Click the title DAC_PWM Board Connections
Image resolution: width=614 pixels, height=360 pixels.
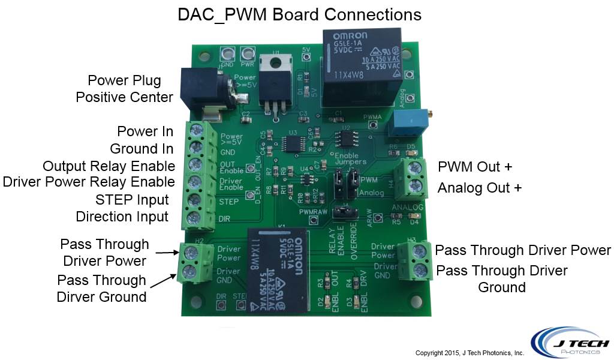tap(300, 14)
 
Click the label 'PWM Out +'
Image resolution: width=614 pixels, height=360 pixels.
tap(477, 166)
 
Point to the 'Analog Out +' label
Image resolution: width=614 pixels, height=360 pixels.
tap(480, 187)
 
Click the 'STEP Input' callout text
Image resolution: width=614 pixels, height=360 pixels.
tap(132, 199)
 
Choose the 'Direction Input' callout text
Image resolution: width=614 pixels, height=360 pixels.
tap(122, 216)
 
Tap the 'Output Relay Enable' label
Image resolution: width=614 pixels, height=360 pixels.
tap(109, 166)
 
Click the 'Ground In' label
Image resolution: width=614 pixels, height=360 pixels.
tap(142, 148)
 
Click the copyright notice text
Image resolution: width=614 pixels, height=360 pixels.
tap(469, 353)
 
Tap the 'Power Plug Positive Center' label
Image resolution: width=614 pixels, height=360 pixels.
tap(124, 88)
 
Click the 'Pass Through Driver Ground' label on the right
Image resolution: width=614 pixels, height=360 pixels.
tap(501, 279)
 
